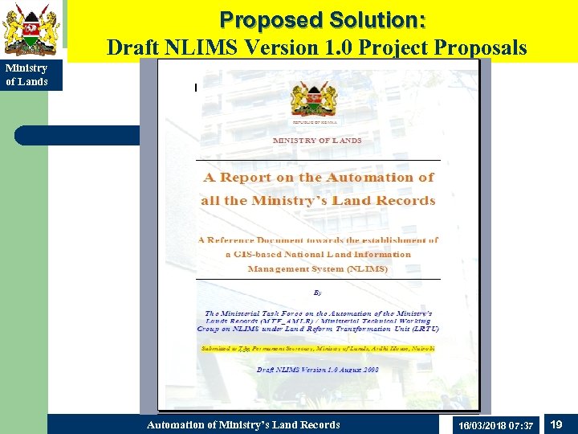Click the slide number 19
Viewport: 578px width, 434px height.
click(556, 424)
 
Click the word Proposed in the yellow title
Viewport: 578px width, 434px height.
click(263, 19)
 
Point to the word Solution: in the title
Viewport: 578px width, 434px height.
click(372, 19)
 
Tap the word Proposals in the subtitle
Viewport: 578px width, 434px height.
click(482, 47)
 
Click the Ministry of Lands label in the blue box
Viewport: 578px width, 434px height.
click(27, 75)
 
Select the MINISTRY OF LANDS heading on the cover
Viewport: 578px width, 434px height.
click(317, 140)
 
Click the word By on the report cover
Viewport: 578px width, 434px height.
click(317, 293)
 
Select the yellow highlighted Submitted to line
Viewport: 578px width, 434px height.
click(318, 349)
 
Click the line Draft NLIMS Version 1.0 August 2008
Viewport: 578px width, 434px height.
click(318, 370)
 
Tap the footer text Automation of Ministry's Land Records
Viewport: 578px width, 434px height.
click(243, 424)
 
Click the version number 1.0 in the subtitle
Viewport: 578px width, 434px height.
click(339, 47)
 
